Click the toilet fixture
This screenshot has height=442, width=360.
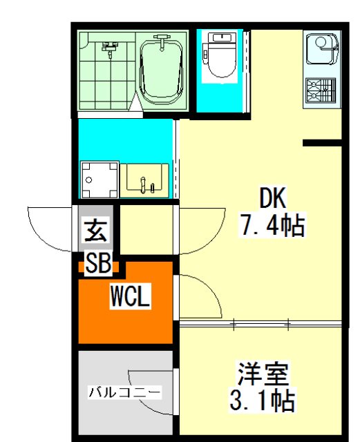[220, 55]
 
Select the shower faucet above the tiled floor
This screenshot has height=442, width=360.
[110, 49]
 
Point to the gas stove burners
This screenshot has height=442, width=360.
[321, 90]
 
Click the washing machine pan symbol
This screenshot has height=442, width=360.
[99, 180]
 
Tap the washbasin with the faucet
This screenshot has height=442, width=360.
[144, 180]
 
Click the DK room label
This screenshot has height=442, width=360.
[272, 198]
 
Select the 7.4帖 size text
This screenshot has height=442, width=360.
[272, 225]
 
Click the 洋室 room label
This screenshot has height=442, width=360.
[263, 374]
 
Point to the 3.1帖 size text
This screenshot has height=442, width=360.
[263, 400]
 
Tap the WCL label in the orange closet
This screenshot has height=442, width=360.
[130, 296]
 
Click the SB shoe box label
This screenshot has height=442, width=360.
[98, 262]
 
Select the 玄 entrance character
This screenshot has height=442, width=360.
[96, 231]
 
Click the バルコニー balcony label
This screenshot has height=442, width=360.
[125, 392]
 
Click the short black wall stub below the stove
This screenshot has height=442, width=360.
[322, 143]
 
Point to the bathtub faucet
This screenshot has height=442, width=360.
[162, 41]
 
